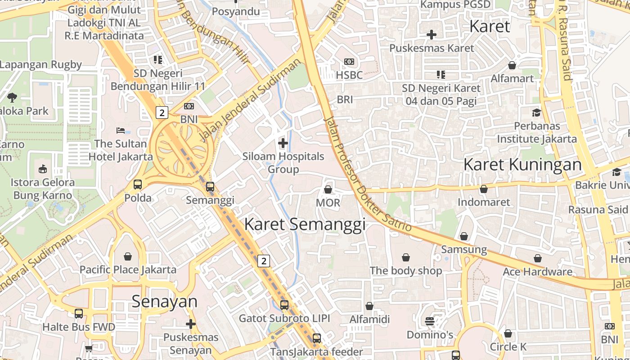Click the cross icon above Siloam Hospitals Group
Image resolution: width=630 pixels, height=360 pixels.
pyautogui.click(x=283, y=144)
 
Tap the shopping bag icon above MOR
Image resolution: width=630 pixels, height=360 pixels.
pyautogui.click(x=328, y=189)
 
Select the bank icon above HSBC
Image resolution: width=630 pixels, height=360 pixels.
pyautogui.click(x=349, y=62)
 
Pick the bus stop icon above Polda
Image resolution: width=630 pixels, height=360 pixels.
pyautogui.click(x=138, y=184)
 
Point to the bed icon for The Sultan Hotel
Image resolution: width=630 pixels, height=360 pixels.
pyautogui.click(x=121, y=130)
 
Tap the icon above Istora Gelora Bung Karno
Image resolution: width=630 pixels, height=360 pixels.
pyautogui.click(x=43, y=169)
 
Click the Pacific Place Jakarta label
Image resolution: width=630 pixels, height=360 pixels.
pyautogui.click(x=128, y=270)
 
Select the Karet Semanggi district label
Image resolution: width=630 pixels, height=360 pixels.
pyautogui.click(x=305, y=224)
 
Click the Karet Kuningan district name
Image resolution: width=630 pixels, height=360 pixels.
pyautogui.click(x=522, y=164)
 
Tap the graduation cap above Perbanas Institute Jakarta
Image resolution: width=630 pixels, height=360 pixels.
pyautogui.click(x=536, y=112)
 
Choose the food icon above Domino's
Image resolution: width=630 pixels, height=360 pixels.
pyautogui.click(x=430, y=321)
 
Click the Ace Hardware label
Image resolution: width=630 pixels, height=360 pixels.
pyautogui.click(x=537, y=271)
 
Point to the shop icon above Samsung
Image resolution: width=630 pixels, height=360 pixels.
pyautogui.click(x=464, y=236)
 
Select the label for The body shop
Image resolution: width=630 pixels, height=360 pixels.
pyautogui.click(x=406, y=270)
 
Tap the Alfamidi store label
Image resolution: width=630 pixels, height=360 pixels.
pyautogui.click(x=369, y=319)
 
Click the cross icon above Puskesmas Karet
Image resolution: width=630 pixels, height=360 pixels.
pyautogui.click(x=432, y=34)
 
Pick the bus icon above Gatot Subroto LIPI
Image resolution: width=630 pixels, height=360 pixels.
pyautogui.click(x=284, y=305)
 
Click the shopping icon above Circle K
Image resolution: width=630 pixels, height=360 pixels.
pyautogui.click(x=508, y=333)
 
